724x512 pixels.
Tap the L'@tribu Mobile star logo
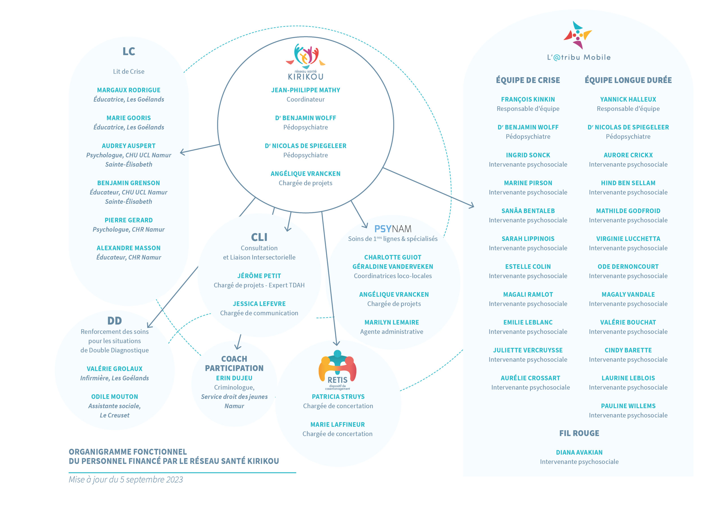pos(578,35)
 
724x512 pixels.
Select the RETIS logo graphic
pos(337,370)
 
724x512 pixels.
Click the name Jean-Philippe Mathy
pos(305,90)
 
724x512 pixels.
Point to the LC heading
pos(129,51)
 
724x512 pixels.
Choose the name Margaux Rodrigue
pos(129,90)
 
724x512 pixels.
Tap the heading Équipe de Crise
pos(528,80)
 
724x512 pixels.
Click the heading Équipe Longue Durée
pos(628,80)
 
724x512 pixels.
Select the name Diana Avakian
pos(579,452)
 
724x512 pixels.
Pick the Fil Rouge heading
pos(579,433)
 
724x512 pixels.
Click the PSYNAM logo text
pos(393,229)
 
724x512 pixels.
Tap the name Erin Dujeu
pos(234,378)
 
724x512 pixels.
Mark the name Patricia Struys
pos(338,397)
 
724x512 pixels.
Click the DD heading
pos(115,320)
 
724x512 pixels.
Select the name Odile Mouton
pos(115,397)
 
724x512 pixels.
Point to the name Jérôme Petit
pos(259,276)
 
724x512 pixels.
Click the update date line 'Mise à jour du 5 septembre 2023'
pos(126,479)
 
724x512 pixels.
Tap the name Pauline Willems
pos(628,406)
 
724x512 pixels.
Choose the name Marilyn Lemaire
pos(392,322)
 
